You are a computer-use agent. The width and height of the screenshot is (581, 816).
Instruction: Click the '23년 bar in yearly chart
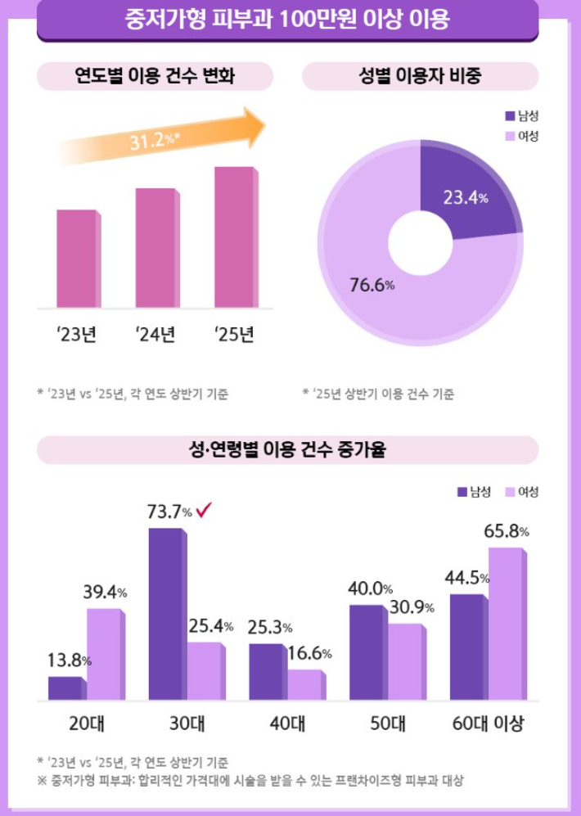tap(78, 259)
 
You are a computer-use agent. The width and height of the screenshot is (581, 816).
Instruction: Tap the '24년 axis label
tap(155, 335)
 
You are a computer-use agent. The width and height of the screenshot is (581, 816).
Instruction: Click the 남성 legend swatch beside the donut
tap(510, 116)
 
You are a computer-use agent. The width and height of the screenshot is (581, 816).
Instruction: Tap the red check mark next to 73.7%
tap(205, 512)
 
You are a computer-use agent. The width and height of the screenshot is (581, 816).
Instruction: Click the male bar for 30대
tap(166, 614)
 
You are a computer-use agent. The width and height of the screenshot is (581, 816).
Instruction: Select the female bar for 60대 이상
tap(506, 624)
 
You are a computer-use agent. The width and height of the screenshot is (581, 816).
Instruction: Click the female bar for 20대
tap(105, 654)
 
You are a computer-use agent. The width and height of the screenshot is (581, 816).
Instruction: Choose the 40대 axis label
tap(287, 724)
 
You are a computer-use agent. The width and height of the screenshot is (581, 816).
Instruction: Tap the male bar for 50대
tap(367, 652)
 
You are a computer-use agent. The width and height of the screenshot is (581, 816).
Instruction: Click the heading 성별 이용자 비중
tap(420, 77)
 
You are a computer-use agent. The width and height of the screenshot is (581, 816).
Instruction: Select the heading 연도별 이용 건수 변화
tap(155, 77)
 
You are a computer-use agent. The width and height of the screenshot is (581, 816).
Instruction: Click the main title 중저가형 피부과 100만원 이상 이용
tap(288, 19)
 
